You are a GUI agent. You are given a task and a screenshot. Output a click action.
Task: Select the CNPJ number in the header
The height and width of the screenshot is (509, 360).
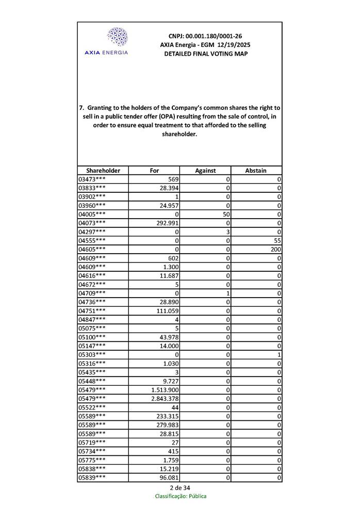click(x=205, y=36)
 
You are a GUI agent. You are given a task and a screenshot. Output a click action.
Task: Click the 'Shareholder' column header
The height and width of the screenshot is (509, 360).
click(x=103, y=171)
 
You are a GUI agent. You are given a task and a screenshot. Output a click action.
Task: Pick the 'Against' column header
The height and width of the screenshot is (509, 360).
click(x=205, y=171)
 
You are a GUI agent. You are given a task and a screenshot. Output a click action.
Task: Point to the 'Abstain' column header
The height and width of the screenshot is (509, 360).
click(x=256, y=171)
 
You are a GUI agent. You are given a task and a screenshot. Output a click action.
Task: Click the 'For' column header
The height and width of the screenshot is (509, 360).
click(x=154, y=171)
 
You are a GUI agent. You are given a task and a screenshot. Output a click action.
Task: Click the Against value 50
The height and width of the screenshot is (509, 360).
click(x=225, y=214)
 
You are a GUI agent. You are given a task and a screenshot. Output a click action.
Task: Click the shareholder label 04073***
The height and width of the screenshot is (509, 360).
click(x=92, y=223)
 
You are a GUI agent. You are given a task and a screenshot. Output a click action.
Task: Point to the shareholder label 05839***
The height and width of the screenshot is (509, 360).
click(x=92, y=478)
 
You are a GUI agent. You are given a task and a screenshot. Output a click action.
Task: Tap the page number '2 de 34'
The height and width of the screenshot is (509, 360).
click(x=180, y=488)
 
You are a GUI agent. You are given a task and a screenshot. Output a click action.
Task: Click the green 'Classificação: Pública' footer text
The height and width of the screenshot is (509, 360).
click(x=181, y=496)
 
